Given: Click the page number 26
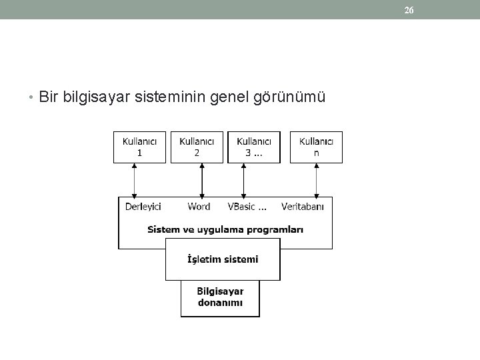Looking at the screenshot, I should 409,10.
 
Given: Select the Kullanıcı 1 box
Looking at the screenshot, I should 139,147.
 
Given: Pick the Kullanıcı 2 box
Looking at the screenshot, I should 197,147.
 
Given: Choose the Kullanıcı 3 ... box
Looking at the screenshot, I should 254,147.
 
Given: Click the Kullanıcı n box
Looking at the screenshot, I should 317,147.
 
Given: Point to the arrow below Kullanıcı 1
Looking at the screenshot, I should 135,179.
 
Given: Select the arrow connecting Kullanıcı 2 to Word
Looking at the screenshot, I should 202,179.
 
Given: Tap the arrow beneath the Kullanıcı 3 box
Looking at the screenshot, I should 244,179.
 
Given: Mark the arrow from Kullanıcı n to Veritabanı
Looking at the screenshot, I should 317,179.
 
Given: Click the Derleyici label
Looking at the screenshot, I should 143,207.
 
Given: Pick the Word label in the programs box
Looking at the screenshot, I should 199,207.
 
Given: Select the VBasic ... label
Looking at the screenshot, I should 247,207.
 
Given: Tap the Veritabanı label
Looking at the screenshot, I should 303,207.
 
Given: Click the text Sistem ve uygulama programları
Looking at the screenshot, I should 225,229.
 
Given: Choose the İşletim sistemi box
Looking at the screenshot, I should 223,259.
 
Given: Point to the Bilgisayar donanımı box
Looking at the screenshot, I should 220,297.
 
